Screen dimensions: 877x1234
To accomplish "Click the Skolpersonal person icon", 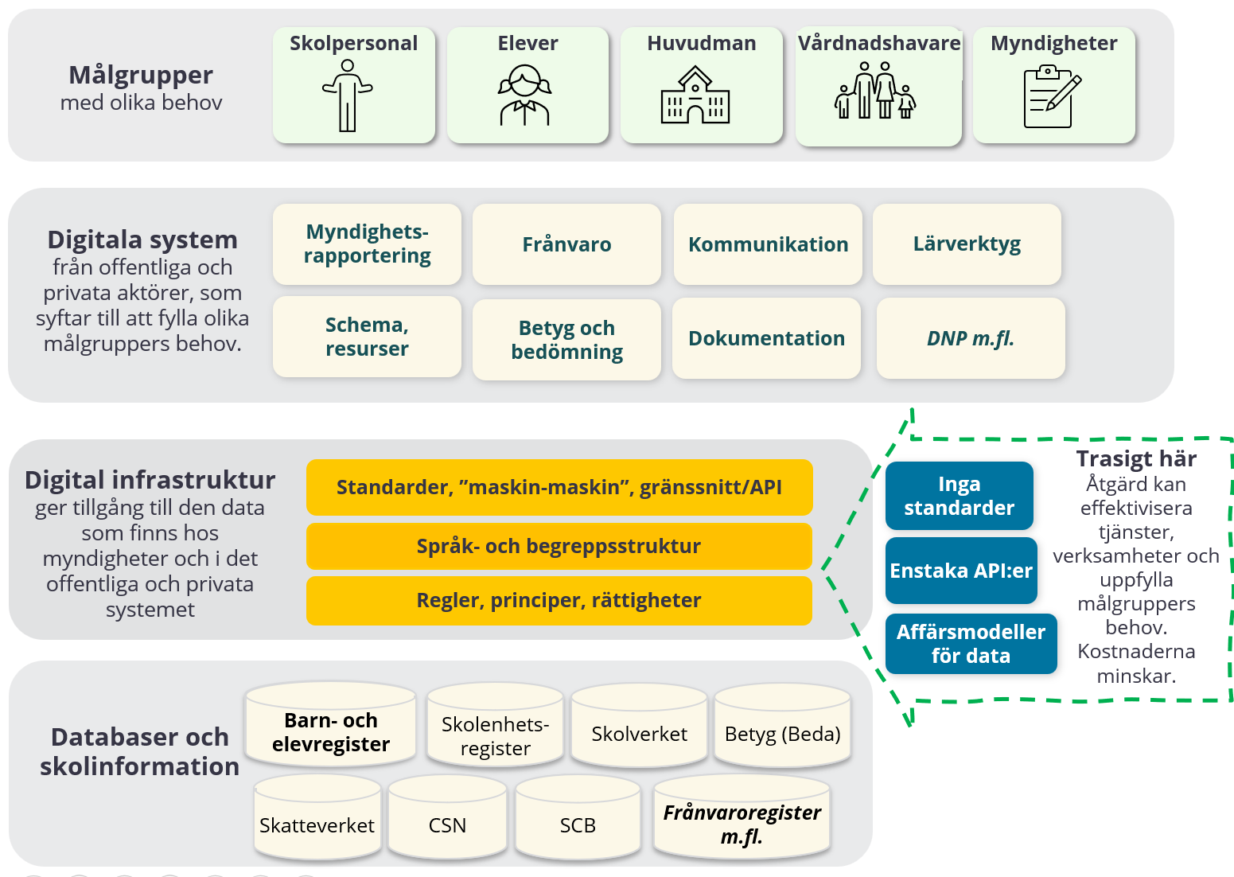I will [348, 95].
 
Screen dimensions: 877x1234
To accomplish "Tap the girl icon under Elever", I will [524, 95].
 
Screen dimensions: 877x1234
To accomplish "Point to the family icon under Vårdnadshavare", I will [875, 94].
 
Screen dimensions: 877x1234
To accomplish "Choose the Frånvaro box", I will [566, 244].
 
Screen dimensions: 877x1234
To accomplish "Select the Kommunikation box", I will [768, 244].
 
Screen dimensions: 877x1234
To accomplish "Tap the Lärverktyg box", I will [967, 244].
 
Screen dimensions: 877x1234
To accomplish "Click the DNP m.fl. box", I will [971, 338].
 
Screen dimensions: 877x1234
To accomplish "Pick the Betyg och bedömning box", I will [566, 340].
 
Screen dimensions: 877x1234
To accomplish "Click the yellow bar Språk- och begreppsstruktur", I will [559, 546].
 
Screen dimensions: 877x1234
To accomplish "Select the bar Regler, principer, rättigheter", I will [559, 600].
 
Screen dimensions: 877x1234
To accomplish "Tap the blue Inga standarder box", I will [959, 496].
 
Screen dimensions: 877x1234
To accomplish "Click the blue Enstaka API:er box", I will [961, 571].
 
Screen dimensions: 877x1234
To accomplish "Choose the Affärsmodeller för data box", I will [971, 644].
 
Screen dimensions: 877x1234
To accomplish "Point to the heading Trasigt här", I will [1136, 459].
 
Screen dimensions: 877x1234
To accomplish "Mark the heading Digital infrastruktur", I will [150, 480].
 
